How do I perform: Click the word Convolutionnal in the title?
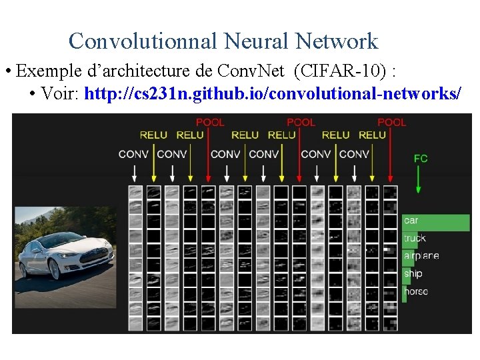tap(143, 41)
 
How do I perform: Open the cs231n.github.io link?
tap(273, 93)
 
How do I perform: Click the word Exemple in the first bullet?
tap(46, 71)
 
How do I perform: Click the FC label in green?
tap(420, 159)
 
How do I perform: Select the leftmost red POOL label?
tap(209, 122)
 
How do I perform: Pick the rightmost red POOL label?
tap(391, 122)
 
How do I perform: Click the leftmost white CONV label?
tap(133, 154)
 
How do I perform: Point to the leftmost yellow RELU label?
tap(153, 135)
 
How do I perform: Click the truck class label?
tap(415, 238)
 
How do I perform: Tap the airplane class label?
tap(421, 256)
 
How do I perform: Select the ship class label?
tap(413, 273)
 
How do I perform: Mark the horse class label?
tap(416, 291)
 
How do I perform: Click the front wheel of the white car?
tap(54, 269)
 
